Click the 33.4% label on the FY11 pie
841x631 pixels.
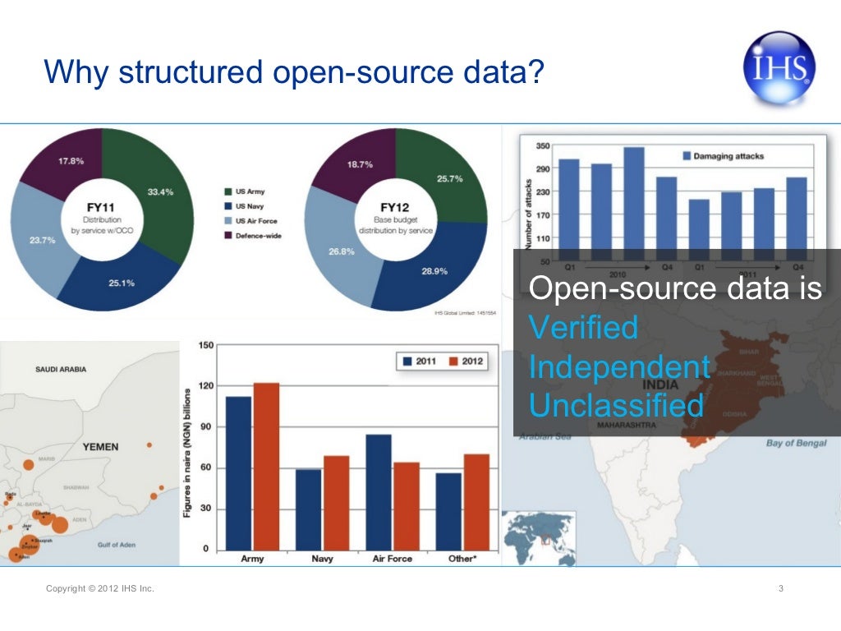pyautogui.click(x=159, y=191)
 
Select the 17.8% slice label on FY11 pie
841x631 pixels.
pyautogui.click(x=70, y=161)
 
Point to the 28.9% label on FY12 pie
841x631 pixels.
pyautogui.click(x=434, y=270)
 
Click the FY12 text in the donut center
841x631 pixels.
pyautogui.click(x=396, y=208)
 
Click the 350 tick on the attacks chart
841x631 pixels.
pyautogui.click(x=543, y=146)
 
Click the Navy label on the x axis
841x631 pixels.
pyautogui.click(x=322, y=559)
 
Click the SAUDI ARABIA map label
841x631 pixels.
pyautogui.click(x=61, y=369)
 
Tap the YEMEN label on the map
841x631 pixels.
pyautogui.click(x=100, y=447)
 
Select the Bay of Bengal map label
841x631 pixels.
pyautogui.click(x=796, y=443)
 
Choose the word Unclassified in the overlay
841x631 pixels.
pyautogui.click(x=616, y=405)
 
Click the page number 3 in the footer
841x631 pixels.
pyautogui.click(x=779, y=588)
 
